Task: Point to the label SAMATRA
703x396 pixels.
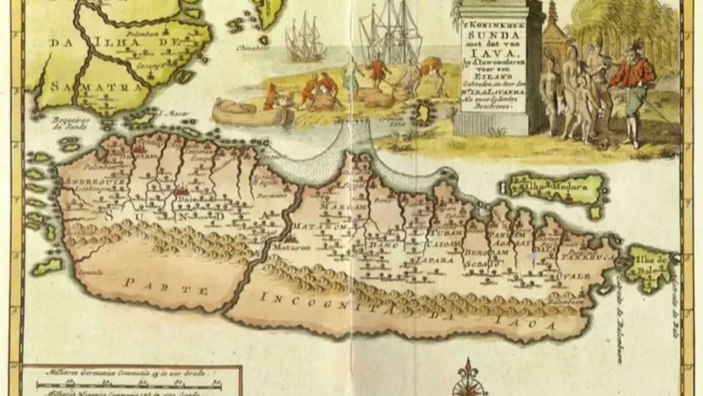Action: point(96,87)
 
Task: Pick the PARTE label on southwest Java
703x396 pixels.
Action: point(166,286)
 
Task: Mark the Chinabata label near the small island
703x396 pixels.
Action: point(253,48)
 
